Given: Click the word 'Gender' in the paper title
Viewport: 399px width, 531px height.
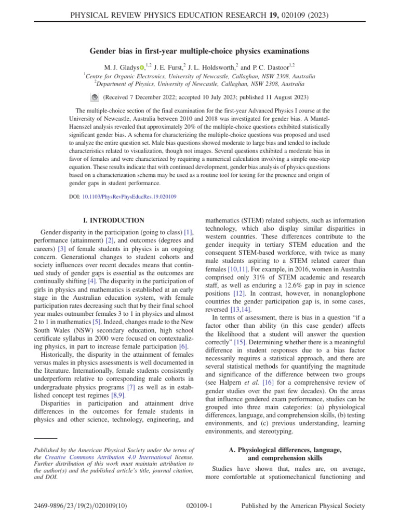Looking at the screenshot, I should (103, 51).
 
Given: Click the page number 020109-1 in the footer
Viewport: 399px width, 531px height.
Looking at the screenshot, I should (199, 506).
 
